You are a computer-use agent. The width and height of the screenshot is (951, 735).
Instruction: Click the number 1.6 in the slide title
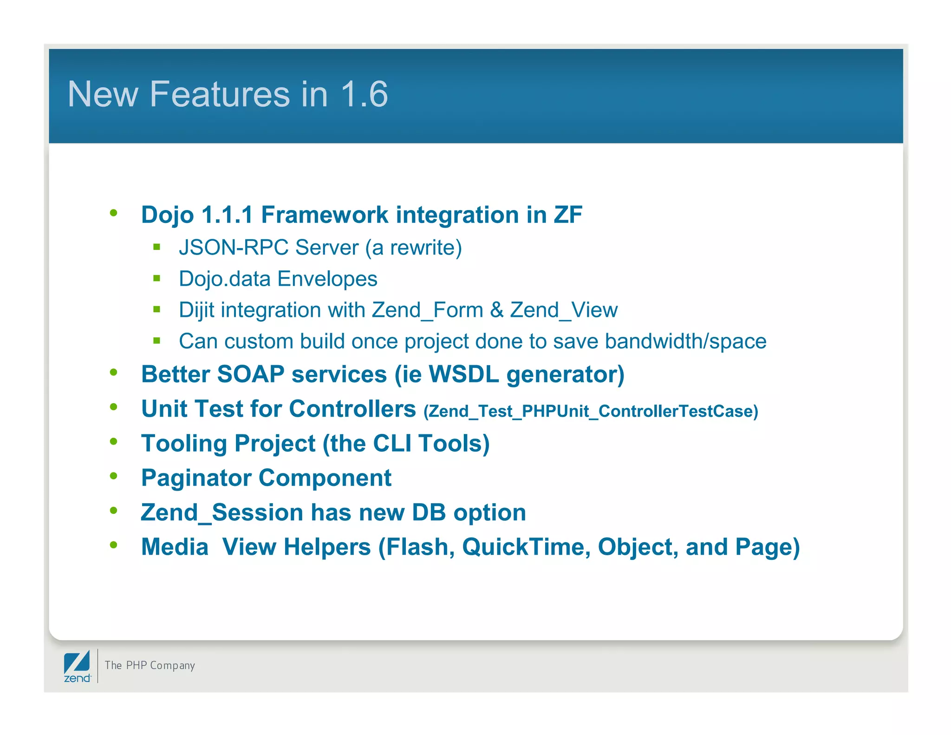click(364, 94)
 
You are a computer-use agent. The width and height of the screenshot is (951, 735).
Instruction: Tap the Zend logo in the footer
click(77, 666)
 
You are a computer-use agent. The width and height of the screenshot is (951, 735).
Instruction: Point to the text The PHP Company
click(150, 665)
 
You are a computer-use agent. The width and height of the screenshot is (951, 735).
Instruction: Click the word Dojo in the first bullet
click(167, 215)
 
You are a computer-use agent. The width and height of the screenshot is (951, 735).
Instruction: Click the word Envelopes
click(327, 279)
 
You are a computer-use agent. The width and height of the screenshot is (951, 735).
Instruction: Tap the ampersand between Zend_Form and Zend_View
click(496, 310)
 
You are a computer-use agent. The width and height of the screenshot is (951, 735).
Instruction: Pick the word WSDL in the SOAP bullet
click(463, 374)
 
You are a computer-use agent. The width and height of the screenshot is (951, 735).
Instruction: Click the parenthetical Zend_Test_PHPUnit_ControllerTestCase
click(591, 411)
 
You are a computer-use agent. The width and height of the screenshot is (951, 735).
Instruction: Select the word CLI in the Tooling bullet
click(392, 443)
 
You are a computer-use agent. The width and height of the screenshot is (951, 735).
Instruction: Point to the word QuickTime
click(526, 547)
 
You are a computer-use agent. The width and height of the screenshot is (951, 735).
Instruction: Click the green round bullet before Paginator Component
click(114, 476)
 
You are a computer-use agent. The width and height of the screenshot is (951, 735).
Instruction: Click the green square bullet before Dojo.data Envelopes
click(156, 278)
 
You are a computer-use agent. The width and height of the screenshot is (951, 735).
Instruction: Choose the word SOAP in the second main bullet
click(251, 374)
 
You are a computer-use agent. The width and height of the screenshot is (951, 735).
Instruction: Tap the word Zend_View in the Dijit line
click(564, 310)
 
